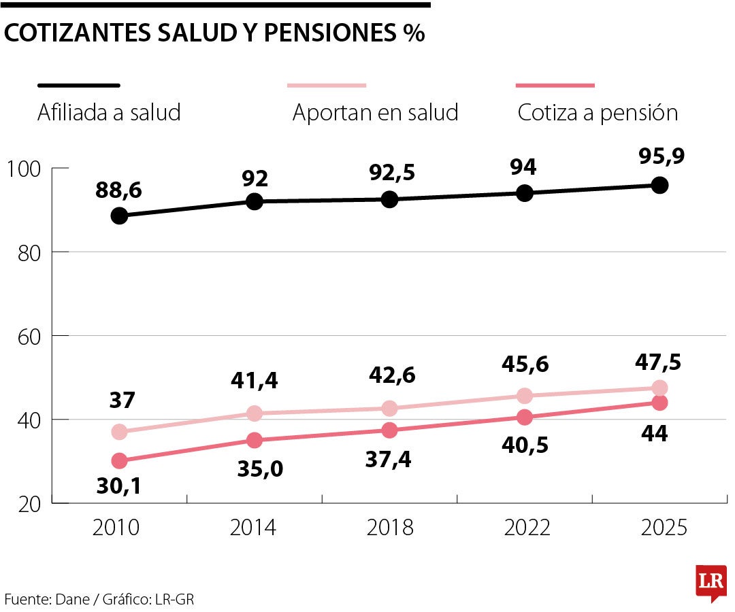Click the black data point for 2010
(x=119, y=216)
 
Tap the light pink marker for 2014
(x=255, y=413)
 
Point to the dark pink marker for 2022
(x=525, y=417)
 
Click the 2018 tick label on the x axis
(x=389, y=528)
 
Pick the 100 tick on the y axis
(x=25, y=168)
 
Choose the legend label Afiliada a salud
(x=109, y=112)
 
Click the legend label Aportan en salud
(x=375, y=112)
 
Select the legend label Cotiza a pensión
(x=598, y=112)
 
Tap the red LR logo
(x=710, y=582)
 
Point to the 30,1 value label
(x=118, y=488)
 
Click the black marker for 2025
(x=659, y=185)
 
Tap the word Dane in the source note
(x=72, y=599)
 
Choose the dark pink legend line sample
(x=555, y=86)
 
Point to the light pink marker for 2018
(x=389, y=408)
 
